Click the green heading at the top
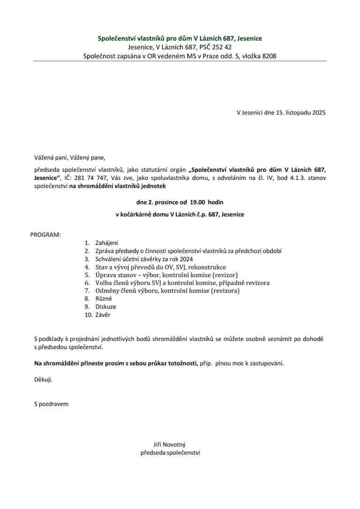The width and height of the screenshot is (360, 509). [x=180, y=38]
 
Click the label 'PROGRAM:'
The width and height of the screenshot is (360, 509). [x=45, y=234]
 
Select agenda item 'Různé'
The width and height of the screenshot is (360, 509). [x=104, y=299]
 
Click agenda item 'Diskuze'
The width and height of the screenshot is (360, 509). [x=105, y=307]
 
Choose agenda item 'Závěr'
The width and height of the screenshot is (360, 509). [x=103, y=315]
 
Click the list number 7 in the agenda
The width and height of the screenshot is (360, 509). [x=87, y=291]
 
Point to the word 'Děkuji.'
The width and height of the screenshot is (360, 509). [x=44, y=380]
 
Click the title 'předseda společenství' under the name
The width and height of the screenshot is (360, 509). [x=170, y=453]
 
